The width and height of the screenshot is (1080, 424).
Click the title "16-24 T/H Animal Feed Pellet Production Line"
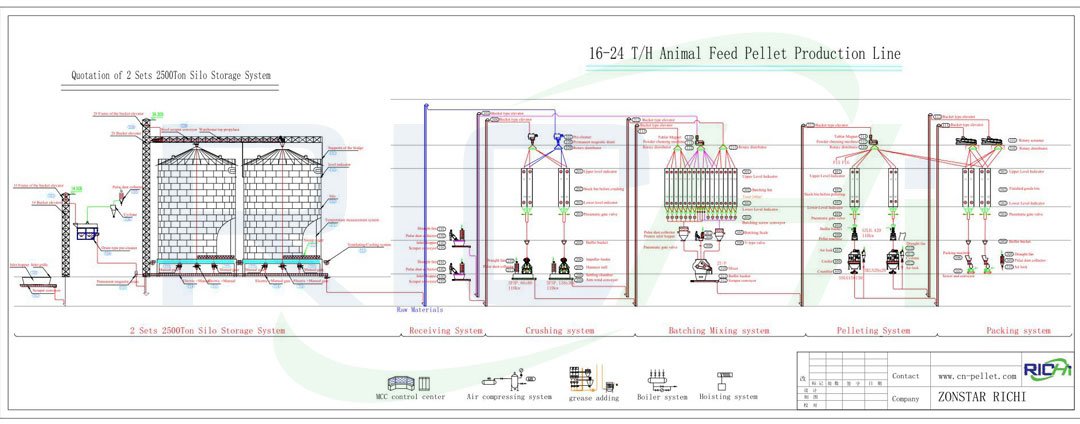tap(745, 53)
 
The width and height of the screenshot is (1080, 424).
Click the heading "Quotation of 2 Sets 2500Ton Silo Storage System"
tap(171, 75)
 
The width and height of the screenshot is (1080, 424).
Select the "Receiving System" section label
tap(446, 330)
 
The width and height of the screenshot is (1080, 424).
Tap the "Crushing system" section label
tap(559, 330)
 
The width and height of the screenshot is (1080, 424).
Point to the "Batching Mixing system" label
tap(718, 330)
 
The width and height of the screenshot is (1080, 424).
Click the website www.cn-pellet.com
tap(977, 376)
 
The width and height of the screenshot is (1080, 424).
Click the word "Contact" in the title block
tap(906, 376)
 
